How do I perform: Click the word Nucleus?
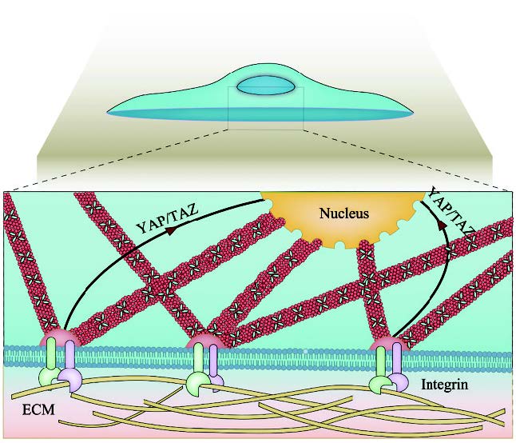coord(343,214)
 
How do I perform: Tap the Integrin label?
coord(443,385)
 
